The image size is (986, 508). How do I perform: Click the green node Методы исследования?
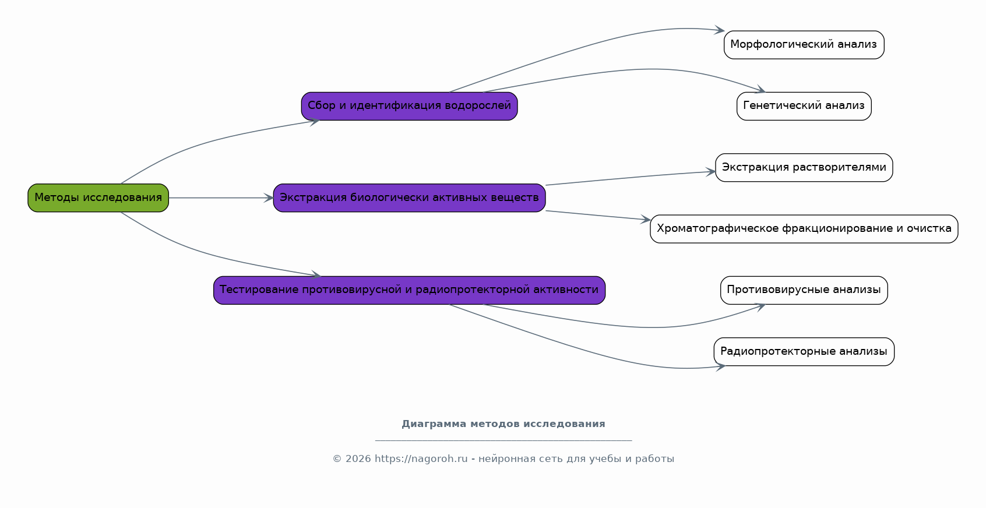[98, 197]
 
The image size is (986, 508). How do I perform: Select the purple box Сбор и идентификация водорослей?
[409, 106]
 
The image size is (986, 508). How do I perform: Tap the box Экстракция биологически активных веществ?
[409, 197]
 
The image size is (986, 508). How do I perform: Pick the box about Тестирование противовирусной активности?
[409, 290]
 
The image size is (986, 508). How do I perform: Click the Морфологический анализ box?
[804, 44]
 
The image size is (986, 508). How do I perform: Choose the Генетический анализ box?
[804, 106]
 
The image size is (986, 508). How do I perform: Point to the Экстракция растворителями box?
[804, 167]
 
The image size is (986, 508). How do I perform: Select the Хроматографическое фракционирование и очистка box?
[804, 229]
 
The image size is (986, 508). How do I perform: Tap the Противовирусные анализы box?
[804, 290]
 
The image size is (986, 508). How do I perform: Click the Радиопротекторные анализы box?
[804, 352]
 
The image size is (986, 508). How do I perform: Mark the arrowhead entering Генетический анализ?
[760, 89]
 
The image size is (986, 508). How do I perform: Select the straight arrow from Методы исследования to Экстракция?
[221, 197]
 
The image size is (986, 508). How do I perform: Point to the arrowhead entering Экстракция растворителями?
[710, 172]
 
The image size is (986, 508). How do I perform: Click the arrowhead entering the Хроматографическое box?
[646, 219]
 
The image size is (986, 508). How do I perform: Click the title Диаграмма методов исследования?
[503, 424]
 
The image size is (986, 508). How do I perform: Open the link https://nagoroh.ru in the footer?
[421, 458]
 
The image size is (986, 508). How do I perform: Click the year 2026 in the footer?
[358, 458]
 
